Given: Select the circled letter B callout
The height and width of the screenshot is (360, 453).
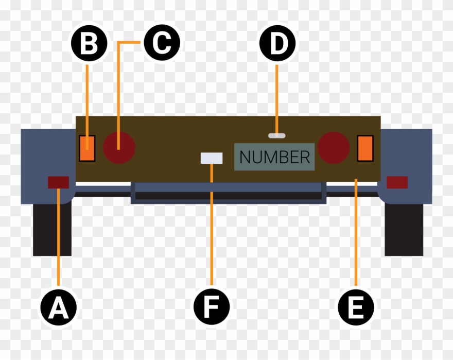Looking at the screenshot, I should [89, 44].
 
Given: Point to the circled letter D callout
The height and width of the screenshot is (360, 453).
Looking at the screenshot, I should [277, 44].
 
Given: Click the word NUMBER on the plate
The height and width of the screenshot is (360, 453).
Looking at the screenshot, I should [275, 157].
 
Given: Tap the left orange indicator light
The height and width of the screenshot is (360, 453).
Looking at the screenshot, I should [88, 148].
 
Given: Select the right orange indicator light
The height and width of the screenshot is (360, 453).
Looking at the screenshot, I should [365, 148].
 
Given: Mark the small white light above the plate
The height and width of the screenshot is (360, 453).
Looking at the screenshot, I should [276, 135].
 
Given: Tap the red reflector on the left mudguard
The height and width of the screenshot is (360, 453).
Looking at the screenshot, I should [58, 182].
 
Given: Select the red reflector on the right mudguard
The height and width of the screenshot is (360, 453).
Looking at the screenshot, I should [397, 182].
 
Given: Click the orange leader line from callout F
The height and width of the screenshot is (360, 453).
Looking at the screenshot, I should [212, 232].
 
